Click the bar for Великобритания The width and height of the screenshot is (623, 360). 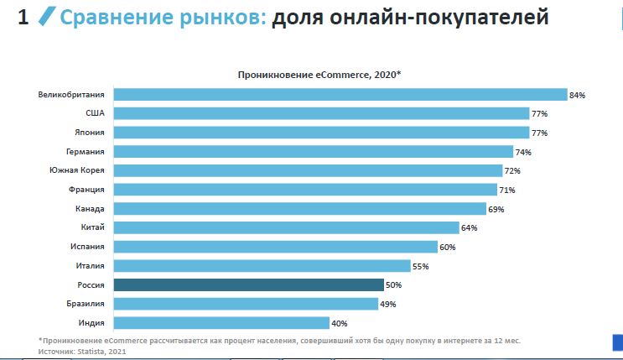coord(340,95)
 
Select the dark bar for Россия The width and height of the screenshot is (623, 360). coord(248,285)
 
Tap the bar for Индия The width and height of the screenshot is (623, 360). coord(221,323)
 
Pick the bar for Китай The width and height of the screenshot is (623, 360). coord(286,227)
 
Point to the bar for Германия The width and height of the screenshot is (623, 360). coord(313,152)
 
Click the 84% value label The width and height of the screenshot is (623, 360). coord(577,96)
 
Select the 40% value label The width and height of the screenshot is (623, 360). coord(339,323)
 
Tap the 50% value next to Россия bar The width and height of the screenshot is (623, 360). coord(393,285)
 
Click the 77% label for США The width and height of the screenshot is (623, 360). coord(539,114)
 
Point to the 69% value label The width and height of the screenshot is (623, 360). coord(496,209)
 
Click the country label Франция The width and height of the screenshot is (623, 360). coord(88,190)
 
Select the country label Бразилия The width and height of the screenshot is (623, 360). coord(86,304)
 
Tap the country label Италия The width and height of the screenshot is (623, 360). coord(90,266)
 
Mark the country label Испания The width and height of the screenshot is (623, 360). coord(88,247)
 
